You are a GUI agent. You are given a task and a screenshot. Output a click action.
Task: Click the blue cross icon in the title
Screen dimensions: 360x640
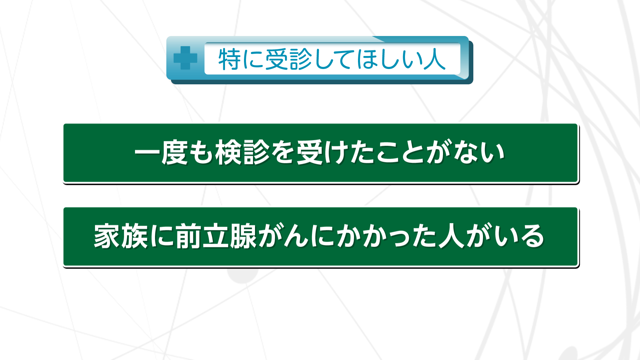185,58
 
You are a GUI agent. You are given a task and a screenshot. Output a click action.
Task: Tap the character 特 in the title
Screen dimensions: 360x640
230,59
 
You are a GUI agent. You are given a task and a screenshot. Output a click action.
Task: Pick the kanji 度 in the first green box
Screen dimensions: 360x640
174,153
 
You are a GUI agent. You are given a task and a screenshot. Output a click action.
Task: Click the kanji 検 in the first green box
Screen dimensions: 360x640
228,153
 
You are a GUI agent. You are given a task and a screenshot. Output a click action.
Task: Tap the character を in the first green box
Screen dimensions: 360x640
283,153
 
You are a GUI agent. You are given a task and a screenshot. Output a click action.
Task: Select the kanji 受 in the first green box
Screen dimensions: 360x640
310,153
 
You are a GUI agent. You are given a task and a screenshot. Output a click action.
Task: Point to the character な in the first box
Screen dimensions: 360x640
465,153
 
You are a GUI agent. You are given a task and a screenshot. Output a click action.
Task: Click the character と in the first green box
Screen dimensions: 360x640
413,153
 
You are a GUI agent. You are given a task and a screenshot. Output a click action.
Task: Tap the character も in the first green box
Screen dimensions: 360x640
201,153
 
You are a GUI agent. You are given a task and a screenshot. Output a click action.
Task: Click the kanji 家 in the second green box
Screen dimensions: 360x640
107,236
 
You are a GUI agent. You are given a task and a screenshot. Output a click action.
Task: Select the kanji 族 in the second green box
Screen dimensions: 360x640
134,236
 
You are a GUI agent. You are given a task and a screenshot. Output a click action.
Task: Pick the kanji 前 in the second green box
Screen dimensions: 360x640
188,236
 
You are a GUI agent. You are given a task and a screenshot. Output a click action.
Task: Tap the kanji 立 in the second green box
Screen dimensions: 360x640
215,236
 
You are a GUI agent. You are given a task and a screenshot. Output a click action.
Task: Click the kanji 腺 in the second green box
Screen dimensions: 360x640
243,236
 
